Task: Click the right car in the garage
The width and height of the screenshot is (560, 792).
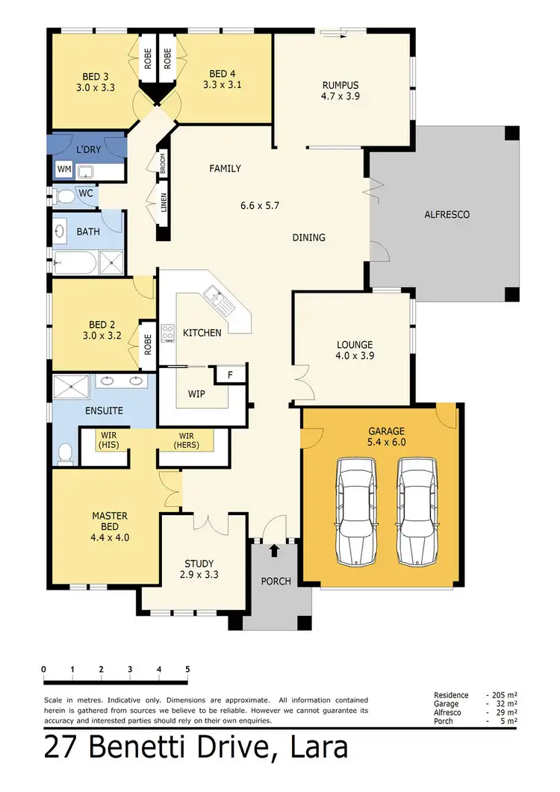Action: (x=416, y=511)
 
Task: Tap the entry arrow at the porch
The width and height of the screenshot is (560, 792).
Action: (x=275, y=551)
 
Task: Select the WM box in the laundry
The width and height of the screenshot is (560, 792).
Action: (x=64, y=170)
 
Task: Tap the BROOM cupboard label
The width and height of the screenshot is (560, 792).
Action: (x=162, y=163)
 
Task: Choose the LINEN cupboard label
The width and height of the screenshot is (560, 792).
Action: (x=162, y=203)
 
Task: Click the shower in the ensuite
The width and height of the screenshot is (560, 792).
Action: (x=71, y=386)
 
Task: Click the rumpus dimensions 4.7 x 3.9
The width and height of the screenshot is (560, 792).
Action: (x=341, y=96)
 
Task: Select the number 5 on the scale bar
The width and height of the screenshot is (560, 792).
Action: (x=187, y=669)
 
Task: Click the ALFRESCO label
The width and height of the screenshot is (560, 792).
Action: (x=447, y=214)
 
